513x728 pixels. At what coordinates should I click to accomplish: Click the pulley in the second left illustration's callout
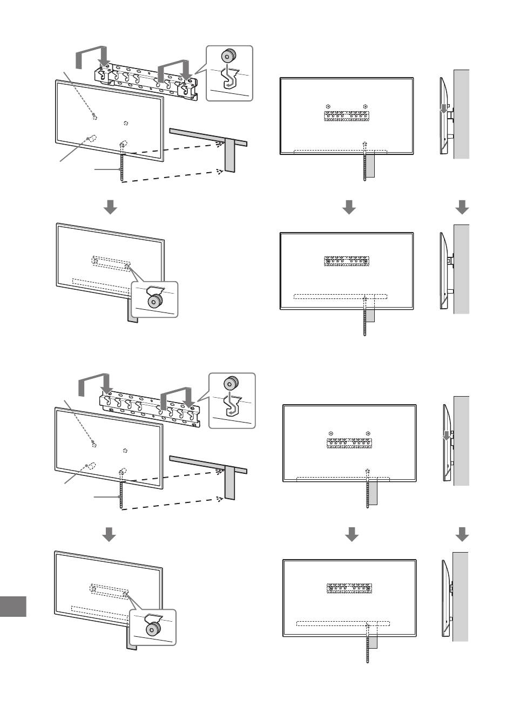156,300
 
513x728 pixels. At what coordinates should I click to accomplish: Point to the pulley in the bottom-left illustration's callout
154,628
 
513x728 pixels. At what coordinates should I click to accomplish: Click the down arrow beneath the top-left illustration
110,207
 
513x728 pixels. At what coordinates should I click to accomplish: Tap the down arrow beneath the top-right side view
462,207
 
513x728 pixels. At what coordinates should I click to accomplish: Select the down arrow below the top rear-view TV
349,207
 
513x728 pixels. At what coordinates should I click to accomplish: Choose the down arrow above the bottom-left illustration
109,534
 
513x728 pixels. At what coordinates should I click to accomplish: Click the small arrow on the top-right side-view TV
444,110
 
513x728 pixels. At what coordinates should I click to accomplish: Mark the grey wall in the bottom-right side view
460,596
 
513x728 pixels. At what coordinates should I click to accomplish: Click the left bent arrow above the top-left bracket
92,56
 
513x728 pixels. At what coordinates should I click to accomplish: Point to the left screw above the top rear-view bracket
328,106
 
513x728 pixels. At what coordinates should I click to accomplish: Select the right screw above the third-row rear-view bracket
368,433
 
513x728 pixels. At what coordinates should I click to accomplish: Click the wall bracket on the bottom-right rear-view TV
348,588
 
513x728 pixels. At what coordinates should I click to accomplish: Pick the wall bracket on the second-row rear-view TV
346,261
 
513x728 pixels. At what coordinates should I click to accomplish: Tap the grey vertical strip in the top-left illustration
231,155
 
